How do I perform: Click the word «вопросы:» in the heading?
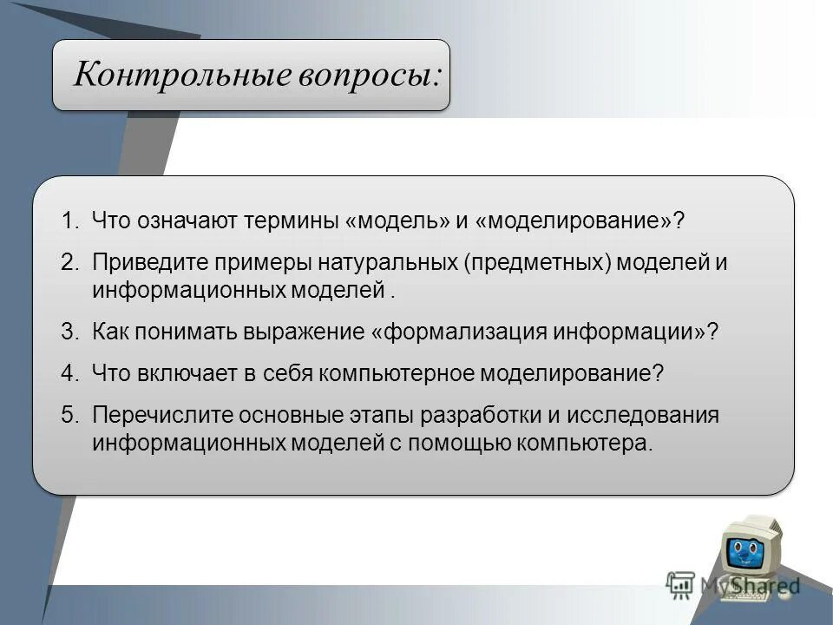pyautogui.click(x=373, y=76)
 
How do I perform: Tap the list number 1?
pyautogui.click(x=69, y=220)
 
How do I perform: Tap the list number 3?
pyautogui.click(x=69, y=332)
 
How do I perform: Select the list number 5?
pyautogui.click(x=69, y=415)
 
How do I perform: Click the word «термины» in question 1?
pyautogui.click(x=291, y=220)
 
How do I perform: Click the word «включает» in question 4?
pyautogui.click(x=182, y=373)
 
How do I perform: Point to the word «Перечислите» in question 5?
pyautogui.click(x=153, y=415)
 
